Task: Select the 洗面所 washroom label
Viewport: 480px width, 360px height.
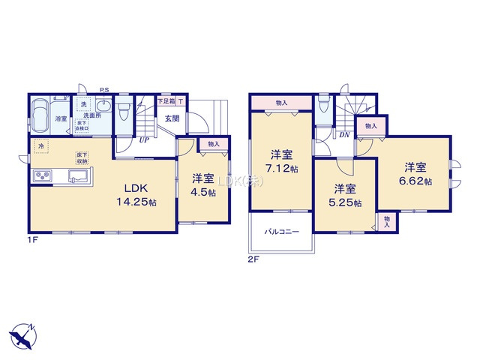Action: point(93,116)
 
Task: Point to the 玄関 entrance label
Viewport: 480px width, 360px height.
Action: point(172,118)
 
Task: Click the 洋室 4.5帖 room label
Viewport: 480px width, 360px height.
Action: point(202,184)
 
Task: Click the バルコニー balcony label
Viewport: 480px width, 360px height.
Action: point(281,232)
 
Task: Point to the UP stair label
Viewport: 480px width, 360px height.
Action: point(142,139)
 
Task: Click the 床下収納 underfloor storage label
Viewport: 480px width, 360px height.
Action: point(81,158)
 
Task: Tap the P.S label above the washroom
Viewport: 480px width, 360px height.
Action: point(104,89)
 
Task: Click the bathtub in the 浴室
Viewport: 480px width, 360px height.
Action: point(41,113)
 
